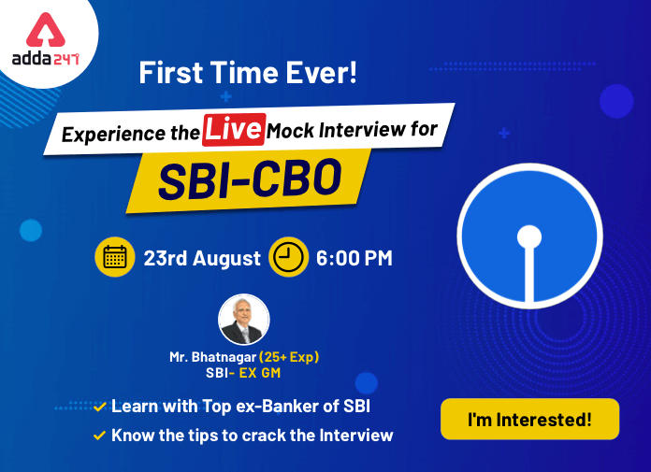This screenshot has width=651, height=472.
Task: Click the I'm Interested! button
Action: pyautogui.click(x=529, y=419)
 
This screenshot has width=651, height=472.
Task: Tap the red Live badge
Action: pyautogui.click(x=234, y=129)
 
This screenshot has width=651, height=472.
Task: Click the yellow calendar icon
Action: pyautogui.click(x=115, y=257)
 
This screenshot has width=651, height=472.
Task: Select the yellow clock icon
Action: pyautogui.click(x=288, y=257)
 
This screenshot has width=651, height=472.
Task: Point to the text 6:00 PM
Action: pyautogui.click(x=354, y=258)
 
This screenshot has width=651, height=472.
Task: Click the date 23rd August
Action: pyautogui.click(x=202, y=258)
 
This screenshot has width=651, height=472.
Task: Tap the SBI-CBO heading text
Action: pyautogui.click(x=250, y=180)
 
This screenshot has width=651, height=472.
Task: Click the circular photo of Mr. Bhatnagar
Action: pyautogui.click(x=244, y=320)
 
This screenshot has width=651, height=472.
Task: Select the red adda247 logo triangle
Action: pyautogui.click(x=46, y=31)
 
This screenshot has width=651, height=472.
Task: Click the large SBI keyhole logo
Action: pyautogui.click(x=529, y=236)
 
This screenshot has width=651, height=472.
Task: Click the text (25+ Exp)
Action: pyautogui.click(x=289, y=357)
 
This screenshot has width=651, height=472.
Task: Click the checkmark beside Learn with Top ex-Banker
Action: pyautogui.click(x=100, y=407)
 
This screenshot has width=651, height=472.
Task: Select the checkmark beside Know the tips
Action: pyautogui.click(x=100, y=436)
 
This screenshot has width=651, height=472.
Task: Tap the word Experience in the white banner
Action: pyautogui.click(x=114, y=134)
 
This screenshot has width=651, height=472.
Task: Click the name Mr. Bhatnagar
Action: pyautogui.click(x=212, y=357)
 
